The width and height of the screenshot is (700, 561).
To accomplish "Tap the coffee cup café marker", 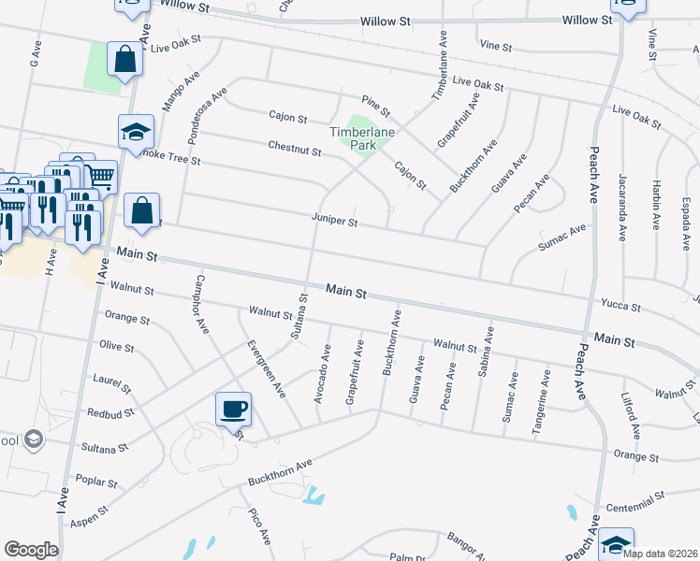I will tap(233, 409).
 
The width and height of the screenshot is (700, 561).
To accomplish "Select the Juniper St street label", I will tap(335, 222).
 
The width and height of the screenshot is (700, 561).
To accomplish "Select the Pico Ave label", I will tap(259, 525).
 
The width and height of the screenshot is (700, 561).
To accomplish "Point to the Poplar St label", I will tap(98, 483).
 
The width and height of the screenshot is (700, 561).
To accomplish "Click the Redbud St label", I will tap(105, 412).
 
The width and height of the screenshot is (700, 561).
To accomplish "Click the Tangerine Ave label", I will tap(542, 401).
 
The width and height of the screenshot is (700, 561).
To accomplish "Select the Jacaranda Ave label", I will tap(621, 207).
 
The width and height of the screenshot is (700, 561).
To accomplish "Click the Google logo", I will tap(31, 550).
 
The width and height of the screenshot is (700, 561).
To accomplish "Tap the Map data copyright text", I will tap(658, 554).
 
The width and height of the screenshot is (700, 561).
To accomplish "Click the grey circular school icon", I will tap(34, 439).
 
